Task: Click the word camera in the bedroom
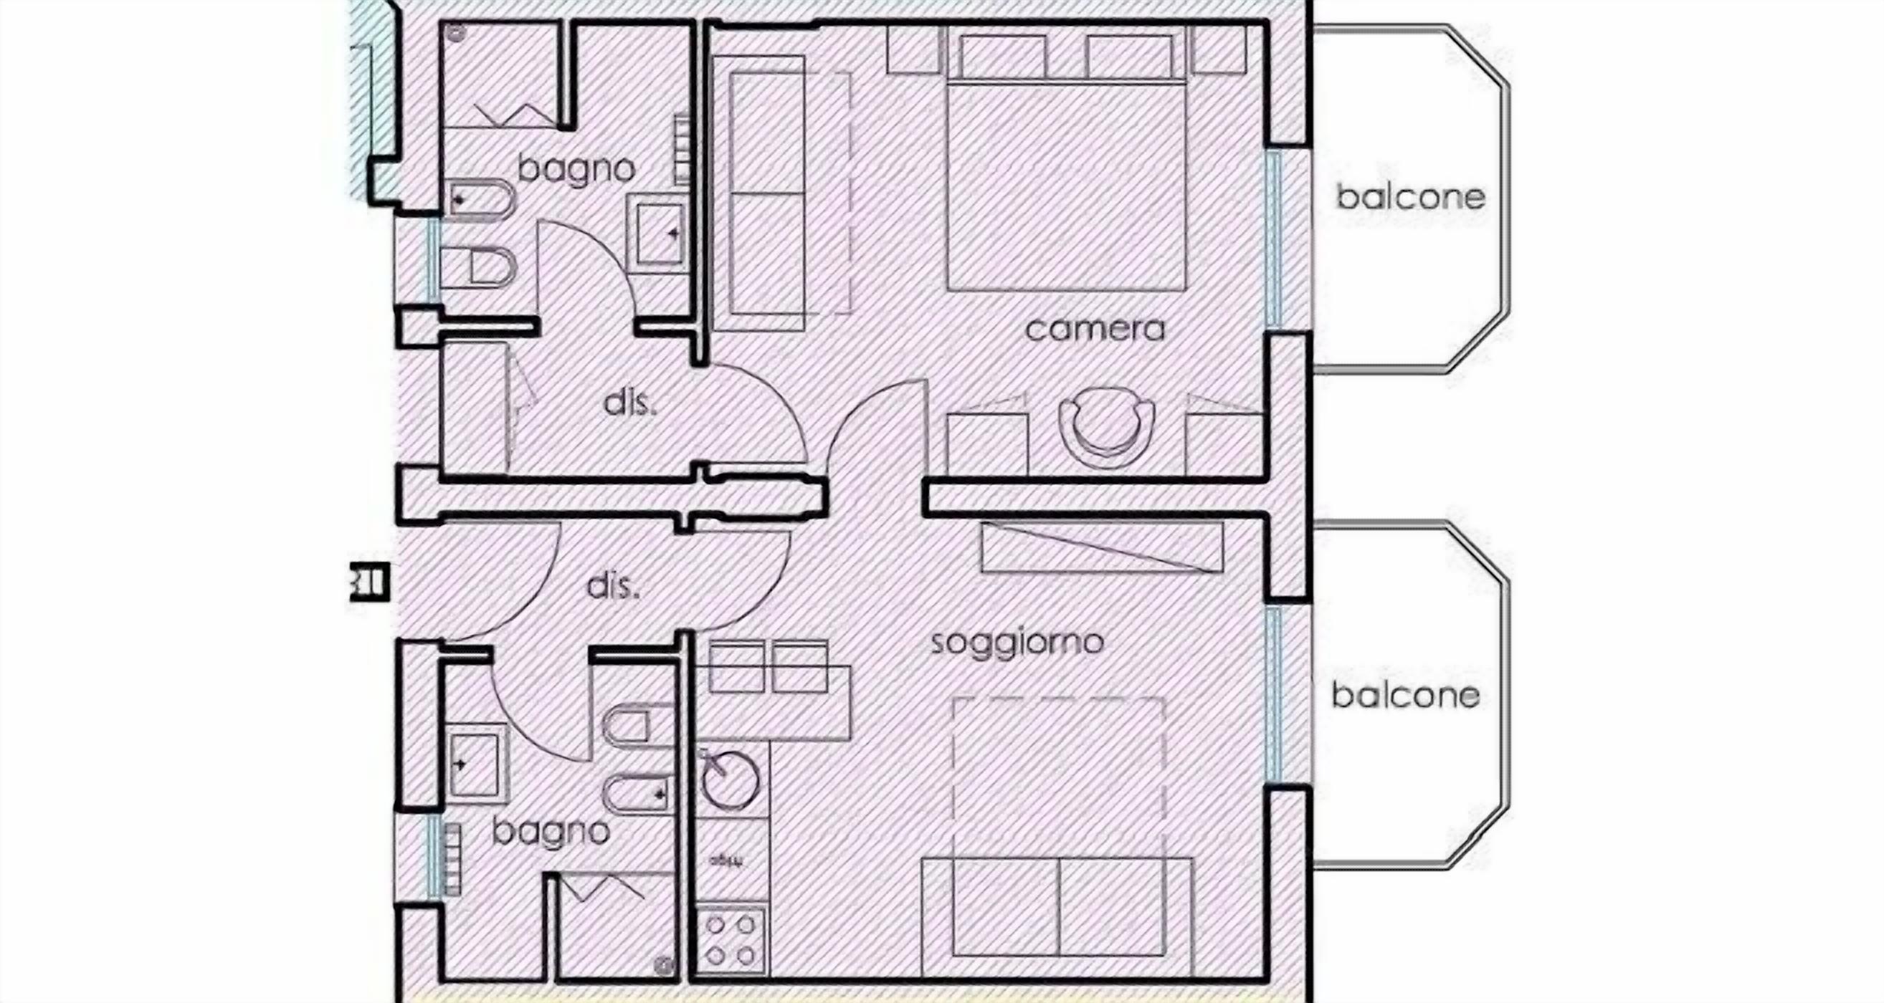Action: tap(1094, 329)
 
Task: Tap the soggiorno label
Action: tap(1017, 643)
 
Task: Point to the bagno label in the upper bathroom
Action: tap(576, 171)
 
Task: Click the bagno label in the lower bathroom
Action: tap(551, 832)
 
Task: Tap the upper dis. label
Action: tap(630, 403)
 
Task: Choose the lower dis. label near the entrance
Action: tap(613, 587)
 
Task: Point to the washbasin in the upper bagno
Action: tap(659, 234)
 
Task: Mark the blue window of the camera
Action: tap(1273, 239)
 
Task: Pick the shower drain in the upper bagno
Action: tap(458, 32)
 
